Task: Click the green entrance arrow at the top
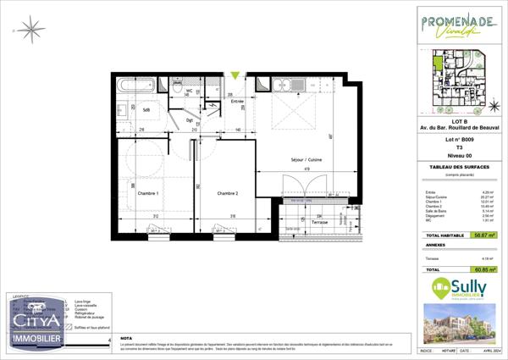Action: click(x=235, y=76)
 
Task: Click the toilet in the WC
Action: click(x=179, y=86)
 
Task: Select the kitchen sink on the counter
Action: click(x=300, y=84)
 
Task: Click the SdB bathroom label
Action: click(x=146, y=110)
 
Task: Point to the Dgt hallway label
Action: click(x=190, y=119)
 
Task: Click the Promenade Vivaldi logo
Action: click(x=457, y=26)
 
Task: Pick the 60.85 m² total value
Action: click(x=485, y=269)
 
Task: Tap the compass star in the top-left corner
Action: click(x=34, y=30)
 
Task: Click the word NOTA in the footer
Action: click(x=127, y=336)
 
